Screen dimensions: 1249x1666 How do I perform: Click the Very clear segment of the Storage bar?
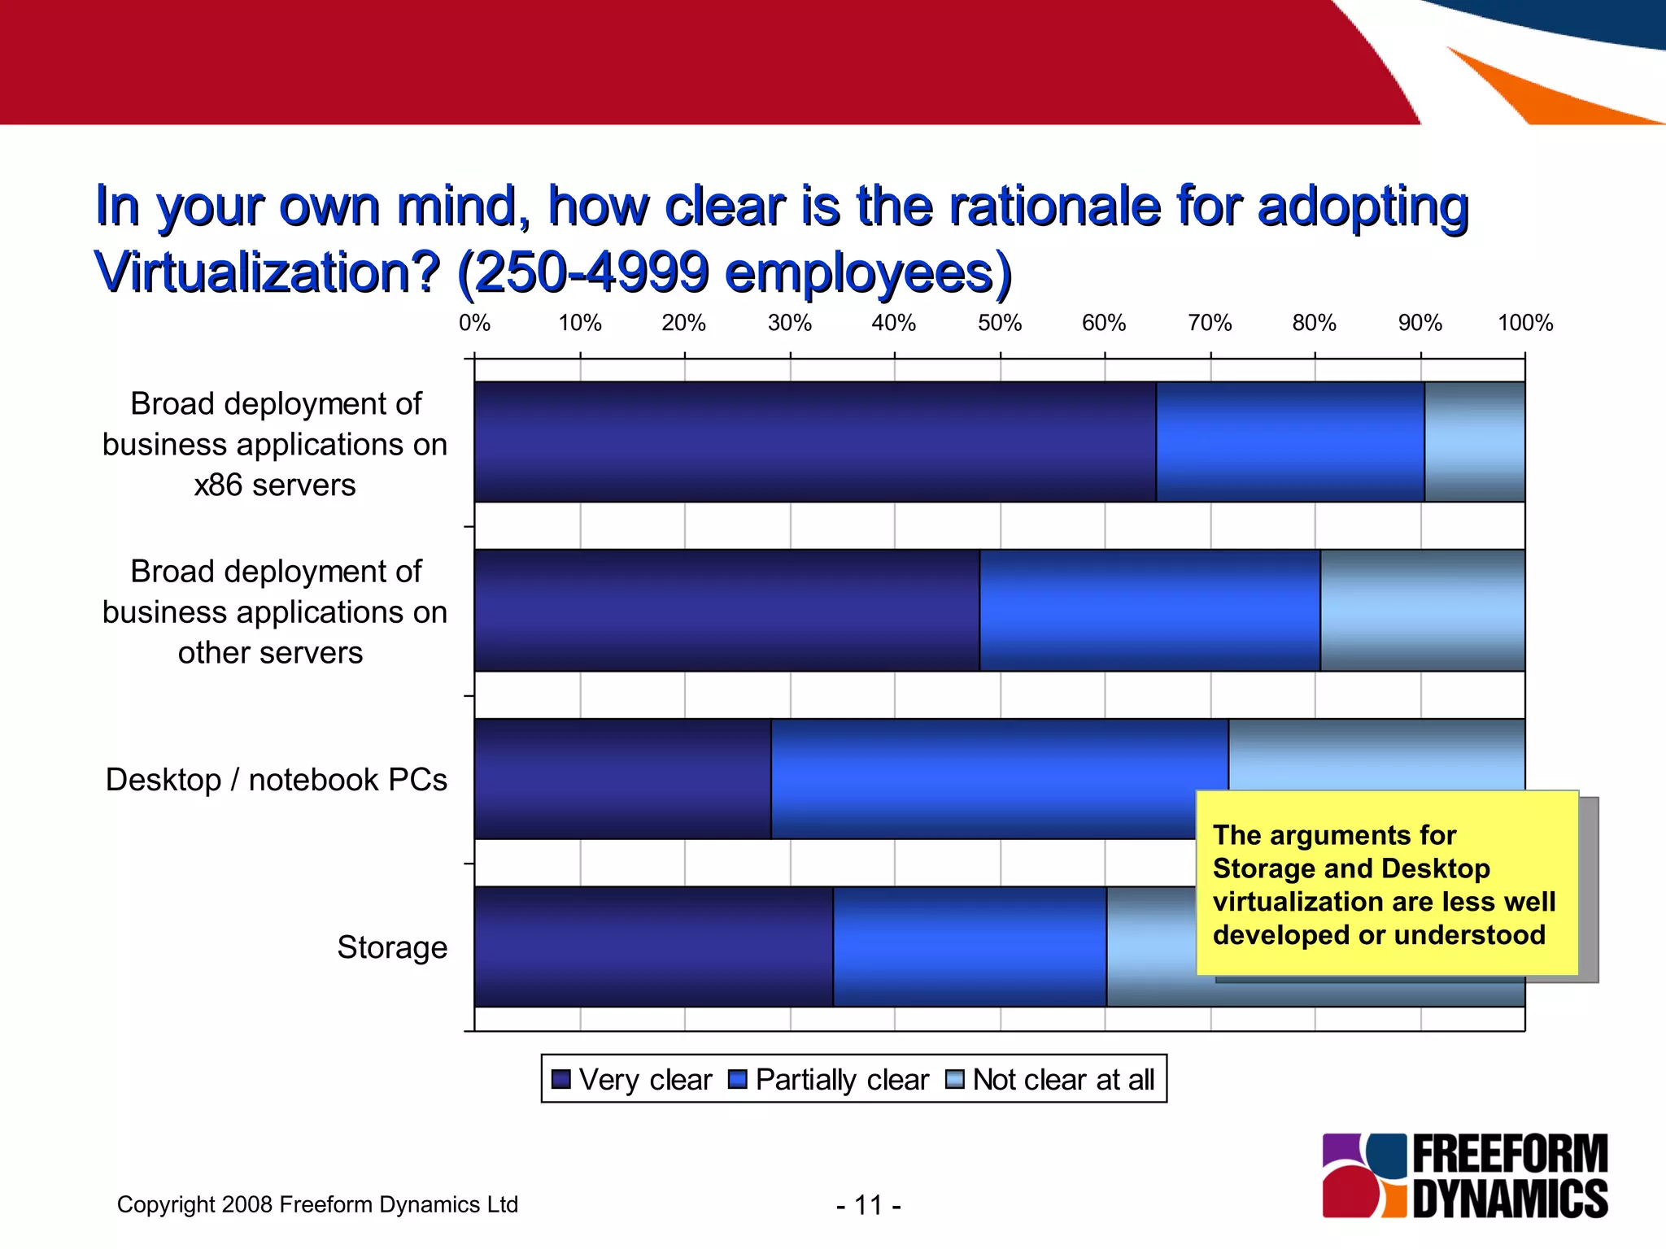tap(653, 947)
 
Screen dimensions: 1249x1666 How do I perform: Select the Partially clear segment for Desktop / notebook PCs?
tap(999, 778)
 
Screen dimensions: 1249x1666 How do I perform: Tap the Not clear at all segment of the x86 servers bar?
tap(1474, 442)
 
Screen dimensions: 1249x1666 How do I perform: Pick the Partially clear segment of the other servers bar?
tap(1149, 610)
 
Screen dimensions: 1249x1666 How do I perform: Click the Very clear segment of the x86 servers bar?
tap(814, 442)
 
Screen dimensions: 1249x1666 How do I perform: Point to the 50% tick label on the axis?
tap(999, 323)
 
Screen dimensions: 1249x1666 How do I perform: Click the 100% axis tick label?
tap(1524, 323)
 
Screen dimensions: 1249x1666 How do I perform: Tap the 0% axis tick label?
tap(474, 323)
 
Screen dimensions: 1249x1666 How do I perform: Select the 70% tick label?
tap(1210, 323)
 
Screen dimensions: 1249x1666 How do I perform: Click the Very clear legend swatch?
tap(560, 1079)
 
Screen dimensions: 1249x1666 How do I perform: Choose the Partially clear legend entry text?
tap(841, 1079)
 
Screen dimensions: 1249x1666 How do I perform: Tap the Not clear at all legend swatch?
tap(954, 1079)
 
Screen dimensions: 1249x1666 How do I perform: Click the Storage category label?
tap(392, 947)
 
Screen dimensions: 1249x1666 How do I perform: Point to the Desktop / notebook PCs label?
tap(276, 779)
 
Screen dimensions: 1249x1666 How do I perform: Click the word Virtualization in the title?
tap(267, 272)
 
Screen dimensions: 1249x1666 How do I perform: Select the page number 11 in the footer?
tap(868, 1204)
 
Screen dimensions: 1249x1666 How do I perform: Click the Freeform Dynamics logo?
tap(1464, 1175)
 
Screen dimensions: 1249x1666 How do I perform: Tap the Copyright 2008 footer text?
tap(317, 1204)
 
